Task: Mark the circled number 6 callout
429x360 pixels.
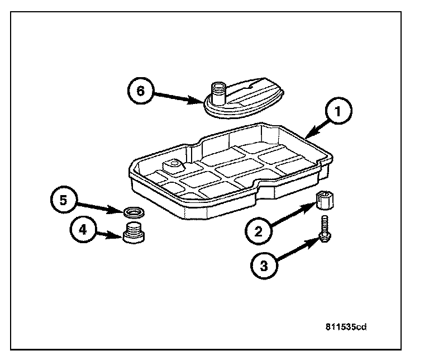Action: [141, 91]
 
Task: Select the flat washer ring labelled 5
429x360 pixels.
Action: [134, 212]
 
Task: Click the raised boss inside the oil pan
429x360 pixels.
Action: [171, 165]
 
